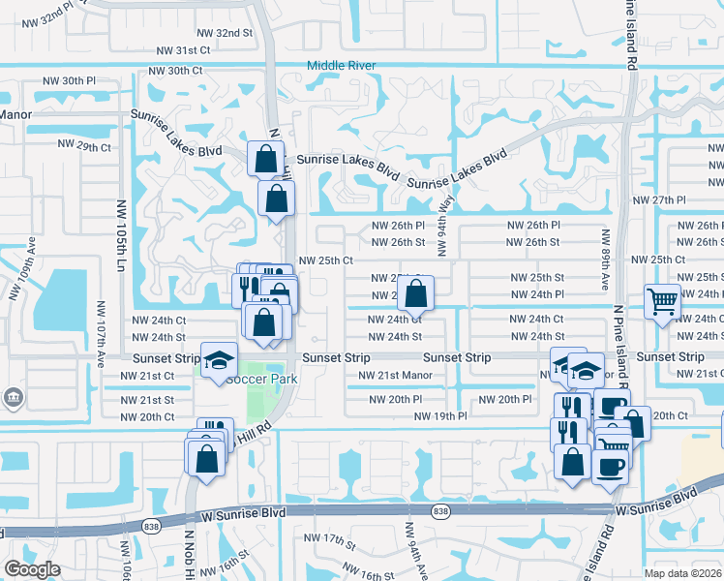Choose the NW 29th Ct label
tap(85, 144)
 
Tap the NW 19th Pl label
tap(440, 415)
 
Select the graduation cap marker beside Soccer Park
tap(220, 360)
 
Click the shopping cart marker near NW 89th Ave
tap(663, 301)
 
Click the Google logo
tap(32, 569)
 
